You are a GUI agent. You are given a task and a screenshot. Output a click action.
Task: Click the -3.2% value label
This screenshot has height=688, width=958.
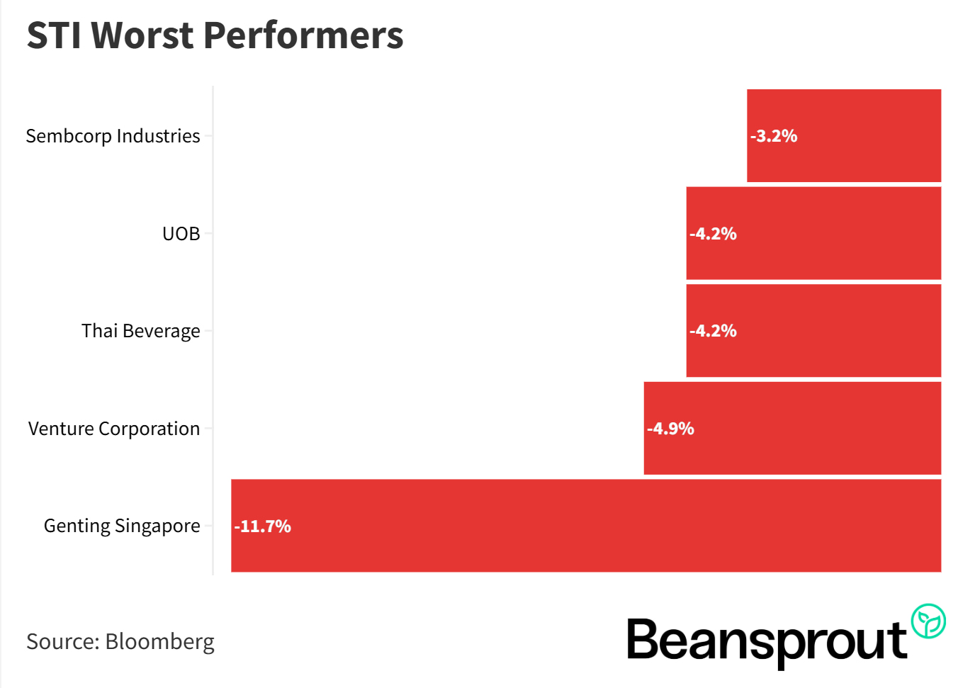774,136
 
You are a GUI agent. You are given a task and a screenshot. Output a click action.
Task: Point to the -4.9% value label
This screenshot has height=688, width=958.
670,429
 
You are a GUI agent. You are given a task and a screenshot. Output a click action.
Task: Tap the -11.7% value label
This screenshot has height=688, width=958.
263,526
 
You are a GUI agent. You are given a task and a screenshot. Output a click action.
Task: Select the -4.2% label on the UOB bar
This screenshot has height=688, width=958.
713,234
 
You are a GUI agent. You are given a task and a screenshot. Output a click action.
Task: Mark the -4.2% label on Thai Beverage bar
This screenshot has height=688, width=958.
713,331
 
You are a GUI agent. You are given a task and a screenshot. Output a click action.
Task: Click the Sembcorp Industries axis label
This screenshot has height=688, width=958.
113,136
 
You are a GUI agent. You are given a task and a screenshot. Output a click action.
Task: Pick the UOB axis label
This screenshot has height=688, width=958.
181,234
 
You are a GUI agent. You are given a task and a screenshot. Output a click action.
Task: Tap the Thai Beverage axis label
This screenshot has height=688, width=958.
140,331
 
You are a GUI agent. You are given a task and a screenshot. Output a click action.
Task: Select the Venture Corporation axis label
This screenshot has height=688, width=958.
114,429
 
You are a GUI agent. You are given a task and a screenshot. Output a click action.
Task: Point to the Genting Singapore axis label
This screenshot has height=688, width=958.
122,526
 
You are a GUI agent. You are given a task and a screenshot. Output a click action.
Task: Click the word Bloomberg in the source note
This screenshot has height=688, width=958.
159,641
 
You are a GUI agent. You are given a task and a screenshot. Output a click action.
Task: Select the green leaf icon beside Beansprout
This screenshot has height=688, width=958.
928,621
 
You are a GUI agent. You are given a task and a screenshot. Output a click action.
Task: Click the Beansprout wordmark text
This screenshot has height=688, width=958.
767,641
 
